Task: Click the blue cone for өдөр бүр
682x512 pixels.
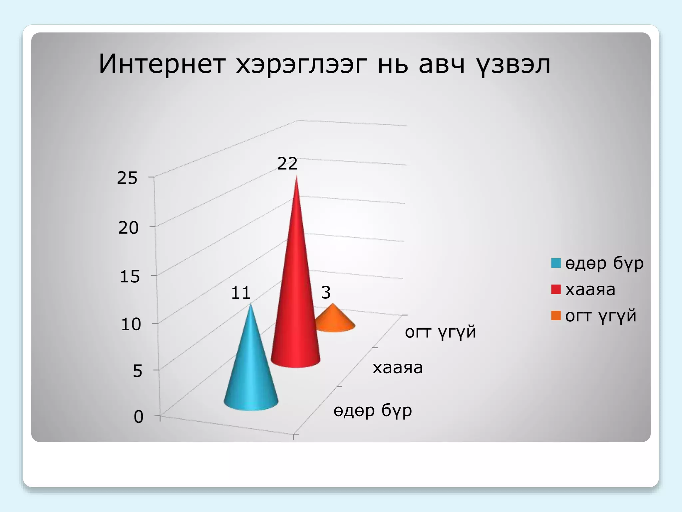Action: (251, 373)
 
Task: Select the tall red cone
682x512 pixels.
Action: (296, 300)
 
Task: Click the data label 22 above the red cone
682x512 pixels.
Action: (287, 164)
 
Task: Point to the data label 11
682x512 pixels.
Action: (240, 293)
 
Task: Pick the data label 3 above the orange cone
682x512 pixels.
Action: (326, 293)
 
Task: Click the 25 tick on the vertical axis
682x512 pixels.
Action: (127, 178)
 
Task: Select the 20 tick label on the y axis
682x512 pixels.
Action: (128, 228)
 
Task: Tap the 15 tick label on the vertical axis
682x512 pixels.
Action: (130, 277)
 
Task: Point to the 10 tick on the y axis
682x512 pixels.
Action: (131, 324)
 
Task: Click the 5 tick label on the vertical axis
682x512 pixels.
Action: (138, 371)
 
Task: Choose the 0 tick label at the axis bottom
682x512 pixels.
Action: (139, 417)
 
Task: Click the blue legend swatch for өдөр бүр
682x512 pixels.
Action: (556, 263)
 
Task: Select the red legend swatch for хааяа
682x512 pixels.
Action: (556, 289)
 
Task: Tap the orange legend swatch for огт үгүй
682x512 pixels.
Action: (556, 315)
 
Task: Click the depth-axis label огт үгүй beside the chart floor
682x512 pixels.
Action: (440, 332)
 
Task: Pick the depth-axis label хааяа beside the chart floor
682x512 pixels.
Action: (398, 368)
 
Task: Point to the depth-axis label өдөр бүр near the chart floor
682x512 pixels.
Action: (373, 410)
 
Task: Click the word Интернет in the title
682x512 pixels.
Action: (162, 64)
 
